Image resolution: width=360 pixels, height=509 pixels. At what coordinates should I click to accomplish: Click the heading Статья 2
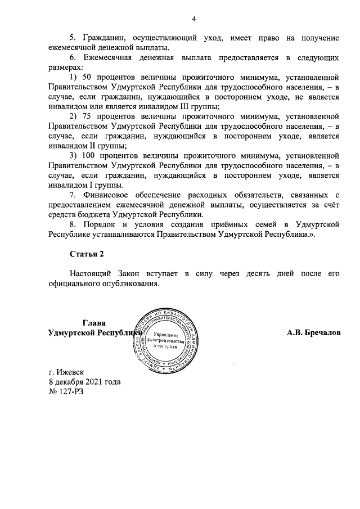coord(87,254)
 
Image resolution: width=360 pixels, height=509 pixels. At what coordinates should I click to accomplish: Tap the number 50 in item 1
coord(87,76)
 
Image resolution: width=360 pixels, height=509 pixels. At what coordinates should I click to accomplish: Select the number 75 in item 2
coord(87,117)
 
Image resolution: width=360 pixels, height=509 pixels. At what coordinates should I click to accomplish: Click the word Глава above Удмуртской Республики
coord(93,323)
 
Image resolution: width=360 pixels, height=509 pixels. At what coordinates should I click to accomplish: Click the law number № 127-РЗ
coord(66,391)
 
